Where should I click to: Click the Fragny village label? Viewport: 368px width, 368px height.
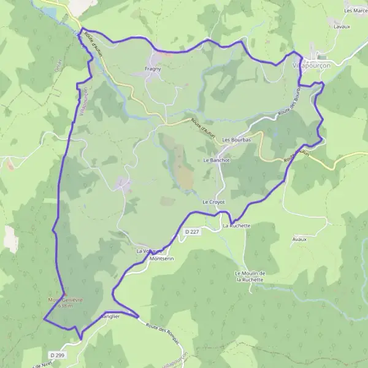[153, 69]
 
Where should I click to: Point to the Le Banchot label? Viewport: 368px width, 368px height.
[216, 160]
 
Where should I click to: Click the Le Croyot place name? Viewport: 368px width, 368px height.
[214, 202]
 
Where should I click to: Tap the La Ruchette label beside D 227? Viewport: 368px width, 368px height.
[237, 226]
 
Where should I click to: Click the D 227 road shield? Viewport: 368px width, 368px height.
[193, 231]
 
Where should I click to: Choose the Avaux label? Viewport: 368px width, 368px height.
[299, 239]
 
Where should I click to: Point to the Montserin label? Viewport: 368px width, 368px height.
[162, 259]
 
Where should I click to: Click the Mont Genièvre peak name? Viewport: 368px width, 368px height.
[64, 299]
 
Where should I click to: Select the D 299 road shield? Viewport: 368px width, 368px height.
[56, 355]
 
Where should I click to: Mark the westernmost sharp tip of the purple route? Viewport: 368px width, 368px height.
[44, 319]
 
